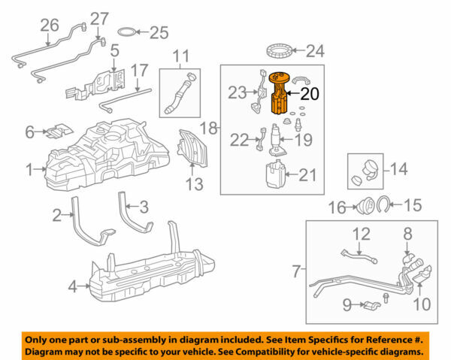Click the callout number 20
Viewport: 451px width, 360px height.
click(x=310, y=94)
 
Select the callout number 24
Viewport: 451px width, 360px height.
click(x=317, y=52)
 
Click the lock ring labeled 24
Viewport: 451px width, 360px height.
click(x=281, y=52)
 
